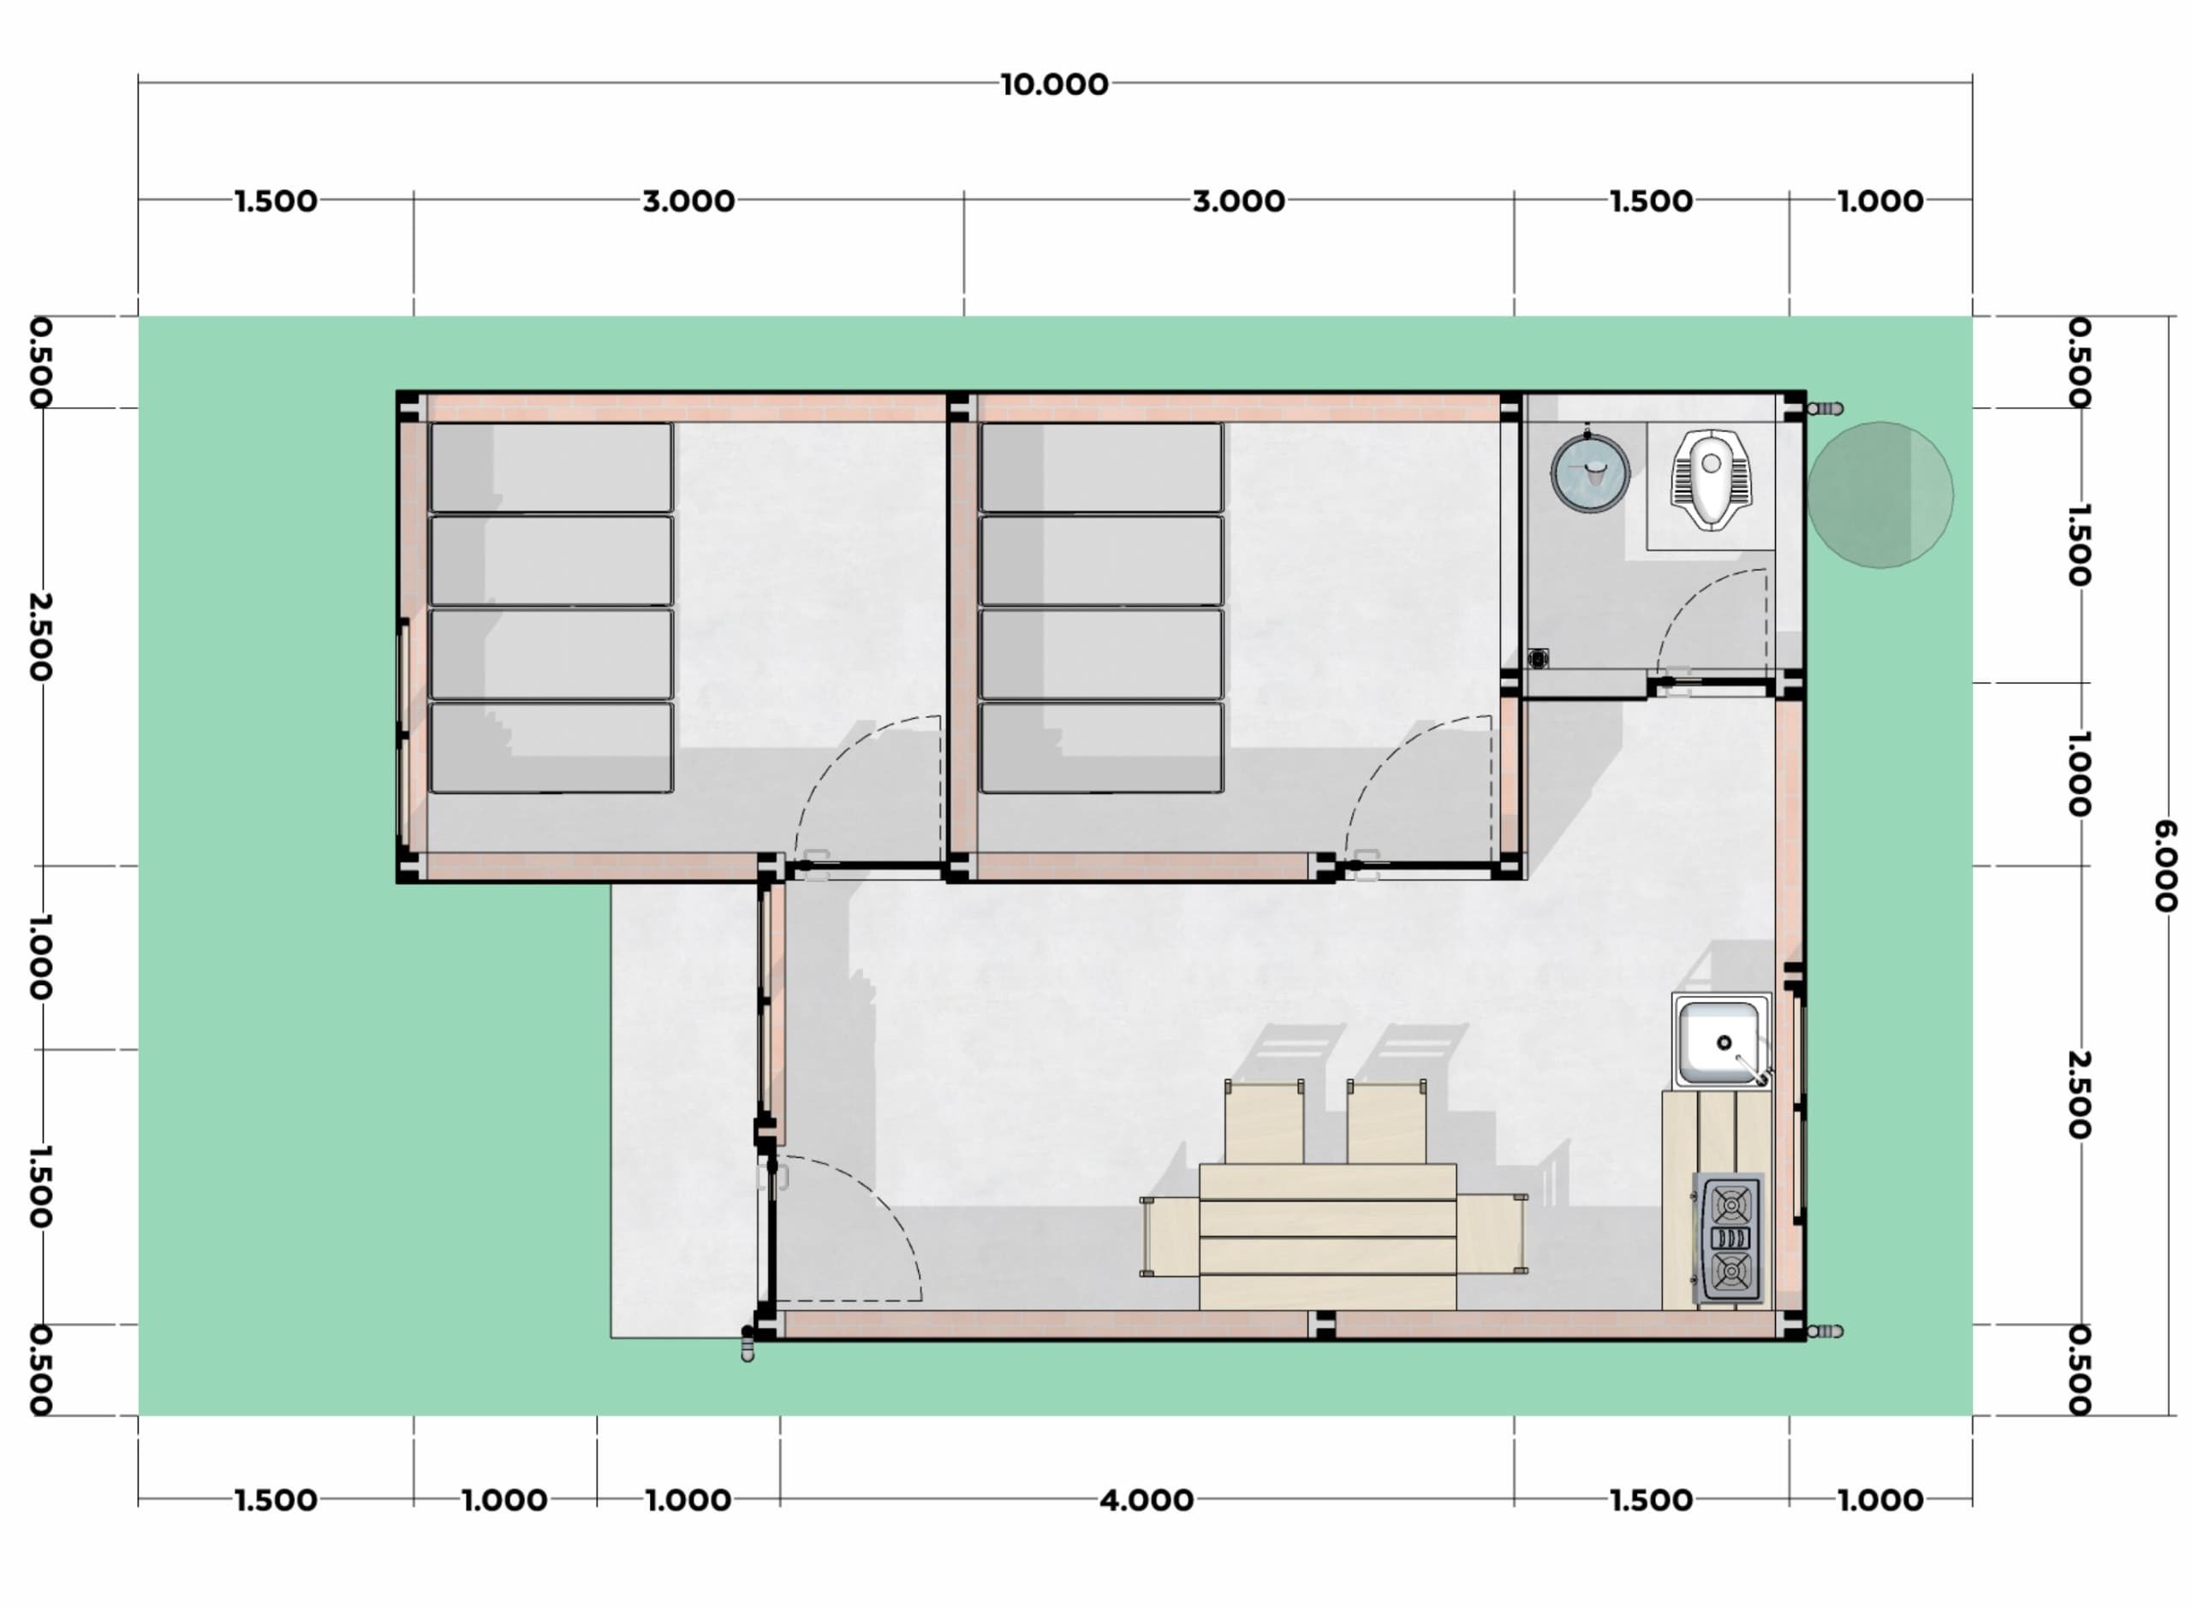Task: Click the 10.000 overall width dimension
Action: [1054, 85]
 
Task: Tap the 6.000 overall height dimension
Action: [2163, 865]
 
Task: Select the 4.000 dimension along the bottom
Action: [1147, 1500]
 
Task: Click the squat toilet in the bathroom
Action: [1710, 479]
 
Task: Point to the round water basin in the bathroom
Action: [1589, 473]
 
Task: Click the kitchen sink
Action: [1722, 1041]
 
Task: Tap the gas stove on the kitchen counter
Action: [1730, 1238]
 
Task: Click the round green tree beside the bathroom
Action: [1879, 495]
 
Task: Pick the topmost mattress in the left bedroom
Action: [551, 467]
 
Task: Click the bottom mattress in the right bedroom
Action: [1101, 748]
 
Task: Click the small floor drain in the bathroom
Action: [1538, 659]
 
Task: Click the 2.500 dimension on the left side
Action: [39, 637]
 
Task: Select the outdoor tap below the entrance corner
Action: [747, 1344]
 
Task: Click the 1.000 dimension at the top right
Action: [1879, 201]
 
